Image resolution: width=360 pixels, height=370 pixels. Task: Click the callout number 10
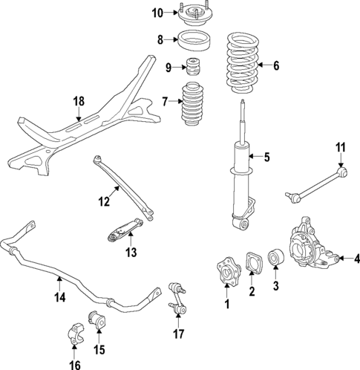click(x=157, y=13)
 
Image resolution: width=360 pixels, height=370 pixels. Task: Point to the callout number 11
click(x=341, y=148)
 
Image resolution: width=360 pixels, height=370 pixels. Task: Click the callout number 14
click(x=59, y=299)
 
